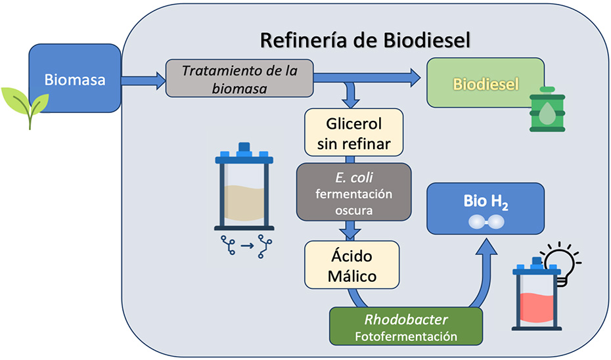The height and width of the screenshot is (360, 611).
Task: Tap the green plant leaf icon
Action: point(26,105)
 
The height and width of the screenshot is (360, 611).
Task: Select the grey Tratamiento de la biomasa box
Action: point(238,78)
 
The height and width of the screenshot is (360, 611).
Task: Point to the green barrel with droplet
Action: point(547,111)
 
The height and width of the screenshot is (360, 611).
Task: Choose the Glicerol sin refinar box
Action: point(353,133)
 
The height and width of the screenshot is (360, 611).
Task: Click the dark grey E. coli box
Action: point(353,192)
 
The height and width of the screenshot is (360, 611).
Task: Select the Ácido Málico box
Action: point(352,264)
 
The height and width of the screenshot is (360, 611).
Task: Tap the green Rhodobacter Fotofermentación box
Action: point(406,326)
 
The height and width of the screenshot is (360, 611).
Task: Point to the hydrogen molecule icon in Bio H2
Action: point(486,223)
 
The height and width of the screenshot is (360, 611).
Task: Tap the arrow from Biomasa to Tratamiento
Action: point(144,81)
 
